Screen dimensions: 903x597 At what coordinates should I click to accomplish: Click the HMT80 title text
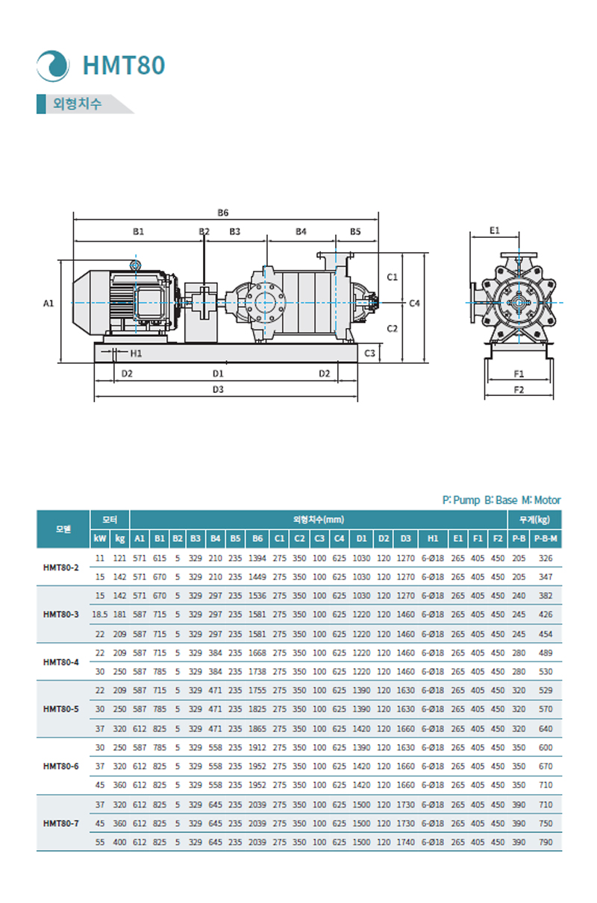(124, 66)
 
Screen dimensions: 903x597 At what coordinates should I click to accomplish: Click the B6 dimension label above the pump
(223, 213)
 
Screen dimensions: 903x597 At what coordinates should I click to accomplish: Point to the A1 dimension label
(49, 303)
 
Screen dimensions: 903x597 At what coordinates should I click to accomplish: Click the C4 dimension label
(416, 303)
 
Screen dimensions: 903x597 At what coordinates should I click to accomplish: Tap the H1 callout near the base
(136, 353)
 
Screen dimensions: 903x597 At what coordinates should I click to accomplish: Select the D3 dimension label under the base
(218, 389)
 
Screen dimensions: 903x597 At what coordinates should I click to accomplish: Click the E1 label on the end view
(495, 231)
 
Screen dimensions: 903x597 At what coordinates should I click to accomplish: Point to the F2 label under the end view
(519, 389)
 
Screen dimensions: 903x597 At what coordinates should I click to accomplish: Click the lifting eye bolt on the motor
(135, 265)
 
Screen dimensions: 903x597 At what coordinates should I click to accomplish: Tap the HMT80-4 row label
(61, 661)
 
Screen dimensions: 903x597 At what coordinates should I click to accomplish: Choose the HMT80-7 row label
(61, 823)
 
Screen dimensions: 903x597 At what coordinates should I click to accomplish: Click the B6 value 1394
(257, 558)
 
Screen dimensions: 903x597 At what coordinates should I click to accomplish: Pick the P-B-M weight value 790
(546, 842)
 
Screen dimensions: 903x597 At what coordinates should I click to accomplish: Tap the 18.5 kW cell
(100, 614)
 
